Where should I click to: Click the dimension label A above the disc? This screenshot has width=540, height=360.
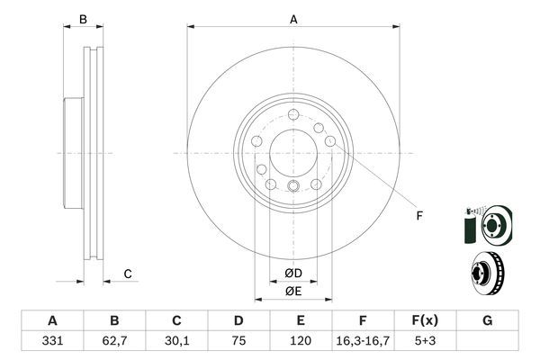tap(293, 18)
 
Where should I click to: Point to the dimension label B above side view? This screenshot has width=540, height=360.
tap(83, 18)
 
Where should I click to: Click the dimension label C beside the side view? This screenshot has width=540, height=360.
tap(128, 274)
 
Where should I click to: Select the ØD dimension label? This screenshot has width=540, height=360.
tap(293, 273)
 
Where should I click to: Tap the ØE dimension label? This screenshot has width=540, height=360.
tap(293, 291)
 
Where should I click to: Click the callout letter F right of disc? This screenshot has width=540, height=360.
tap(418, 215)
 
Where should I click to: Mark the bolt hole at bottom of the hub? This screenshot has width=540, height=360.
tap(293, 187)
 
